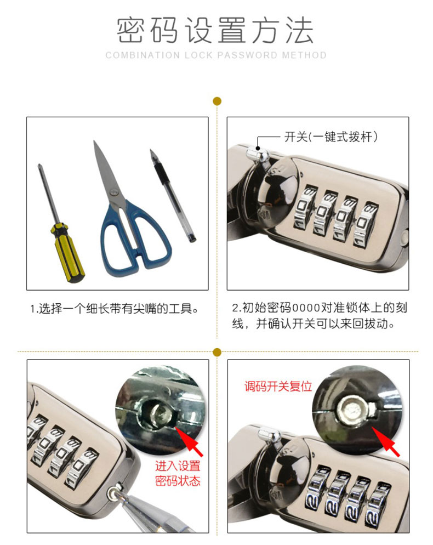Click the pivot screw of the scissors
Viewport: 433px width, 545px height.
[x=113, y=192]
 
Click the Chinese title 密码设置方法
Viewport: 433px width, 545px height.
[x=215, y=30]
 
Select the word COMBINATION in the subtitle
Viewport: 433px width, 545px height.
[x=143, y=55]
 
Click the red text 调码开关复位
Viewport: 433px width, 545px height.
[x=278, y=386]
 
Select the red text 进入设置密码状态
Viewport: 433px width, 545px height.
[x=178, y=473]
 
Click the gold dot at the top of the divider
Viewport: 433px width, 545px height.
[x=217, y=101]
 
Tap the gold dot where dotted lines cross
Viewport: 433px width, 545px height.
[x=217, y=352]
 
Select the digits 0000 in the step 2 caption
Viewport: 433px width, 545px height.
[x=306, y=308]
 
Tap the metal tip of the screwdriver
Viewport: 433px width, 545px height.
[x=39, y=166]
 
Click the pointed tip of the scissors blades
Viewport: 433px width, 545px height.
[x=94, y=141]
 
